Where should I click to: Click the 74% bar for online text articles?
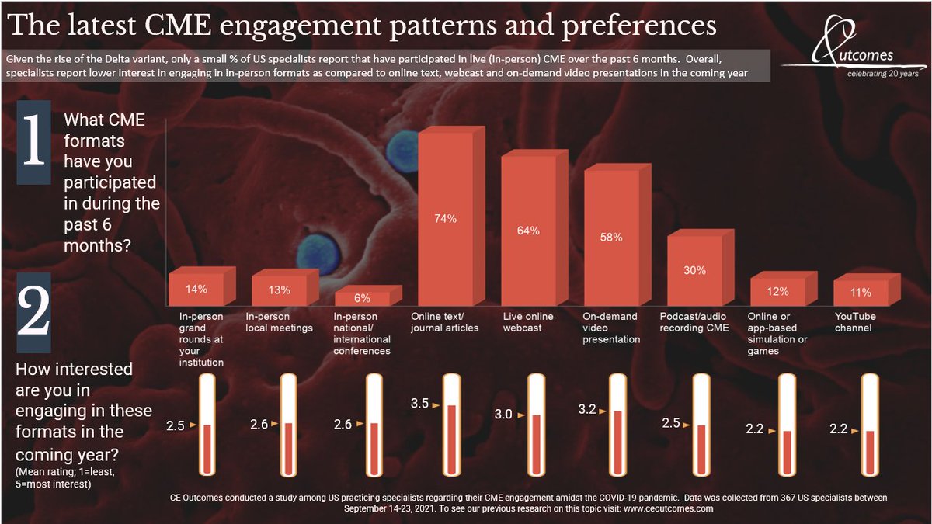[x=445, y=220]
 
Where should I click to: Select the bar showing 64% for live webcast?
[x=528, y=231]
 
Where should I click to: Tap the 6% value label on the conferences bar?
[x=362, y=298]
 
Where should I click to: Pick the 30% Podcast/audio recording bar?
[x=694, y=270]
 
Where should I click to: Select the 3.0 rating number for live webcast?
[x=503, y=415]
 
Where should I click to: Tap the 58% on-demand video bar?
[x=610, y=238]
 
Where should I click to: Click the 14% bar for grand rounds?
[x=196, y=289]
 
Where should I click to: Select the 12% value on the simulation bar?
[x=777, y=292]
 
